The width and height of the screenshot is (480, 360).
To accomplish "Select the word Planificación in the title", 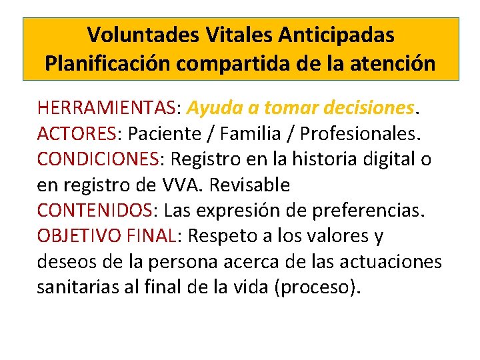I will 107,63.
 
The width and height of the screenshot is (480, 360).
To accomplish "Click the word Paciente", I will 159,133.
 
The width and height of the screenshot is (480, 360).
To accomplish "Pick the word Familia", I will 245,133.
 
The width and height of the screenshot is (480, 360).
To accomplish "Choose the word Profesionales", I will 361,133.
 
